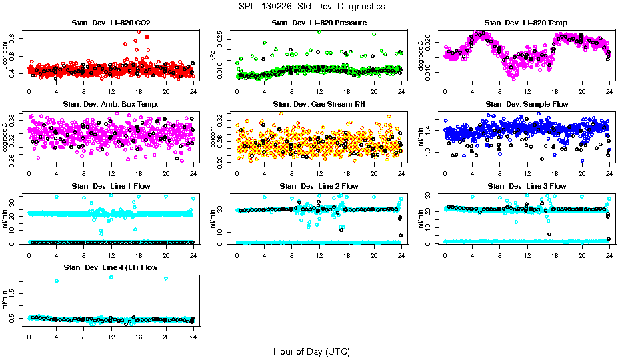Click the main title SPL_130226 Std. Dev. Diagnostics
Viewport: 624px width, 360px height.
311,7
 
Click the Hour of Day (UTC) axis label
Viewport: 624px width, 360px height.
311,351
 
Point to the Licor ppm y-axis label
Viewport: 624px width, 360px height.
6,55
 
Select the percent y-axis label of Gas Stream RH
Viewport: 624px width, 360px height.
213,137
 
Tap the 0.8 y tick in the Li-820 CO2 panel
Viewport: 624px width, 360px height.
15,41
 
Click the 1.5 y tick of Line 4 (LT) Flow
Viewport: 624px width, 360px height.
15,292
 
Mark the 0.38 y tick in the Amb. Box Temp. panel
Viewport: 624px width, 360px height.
15,116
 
